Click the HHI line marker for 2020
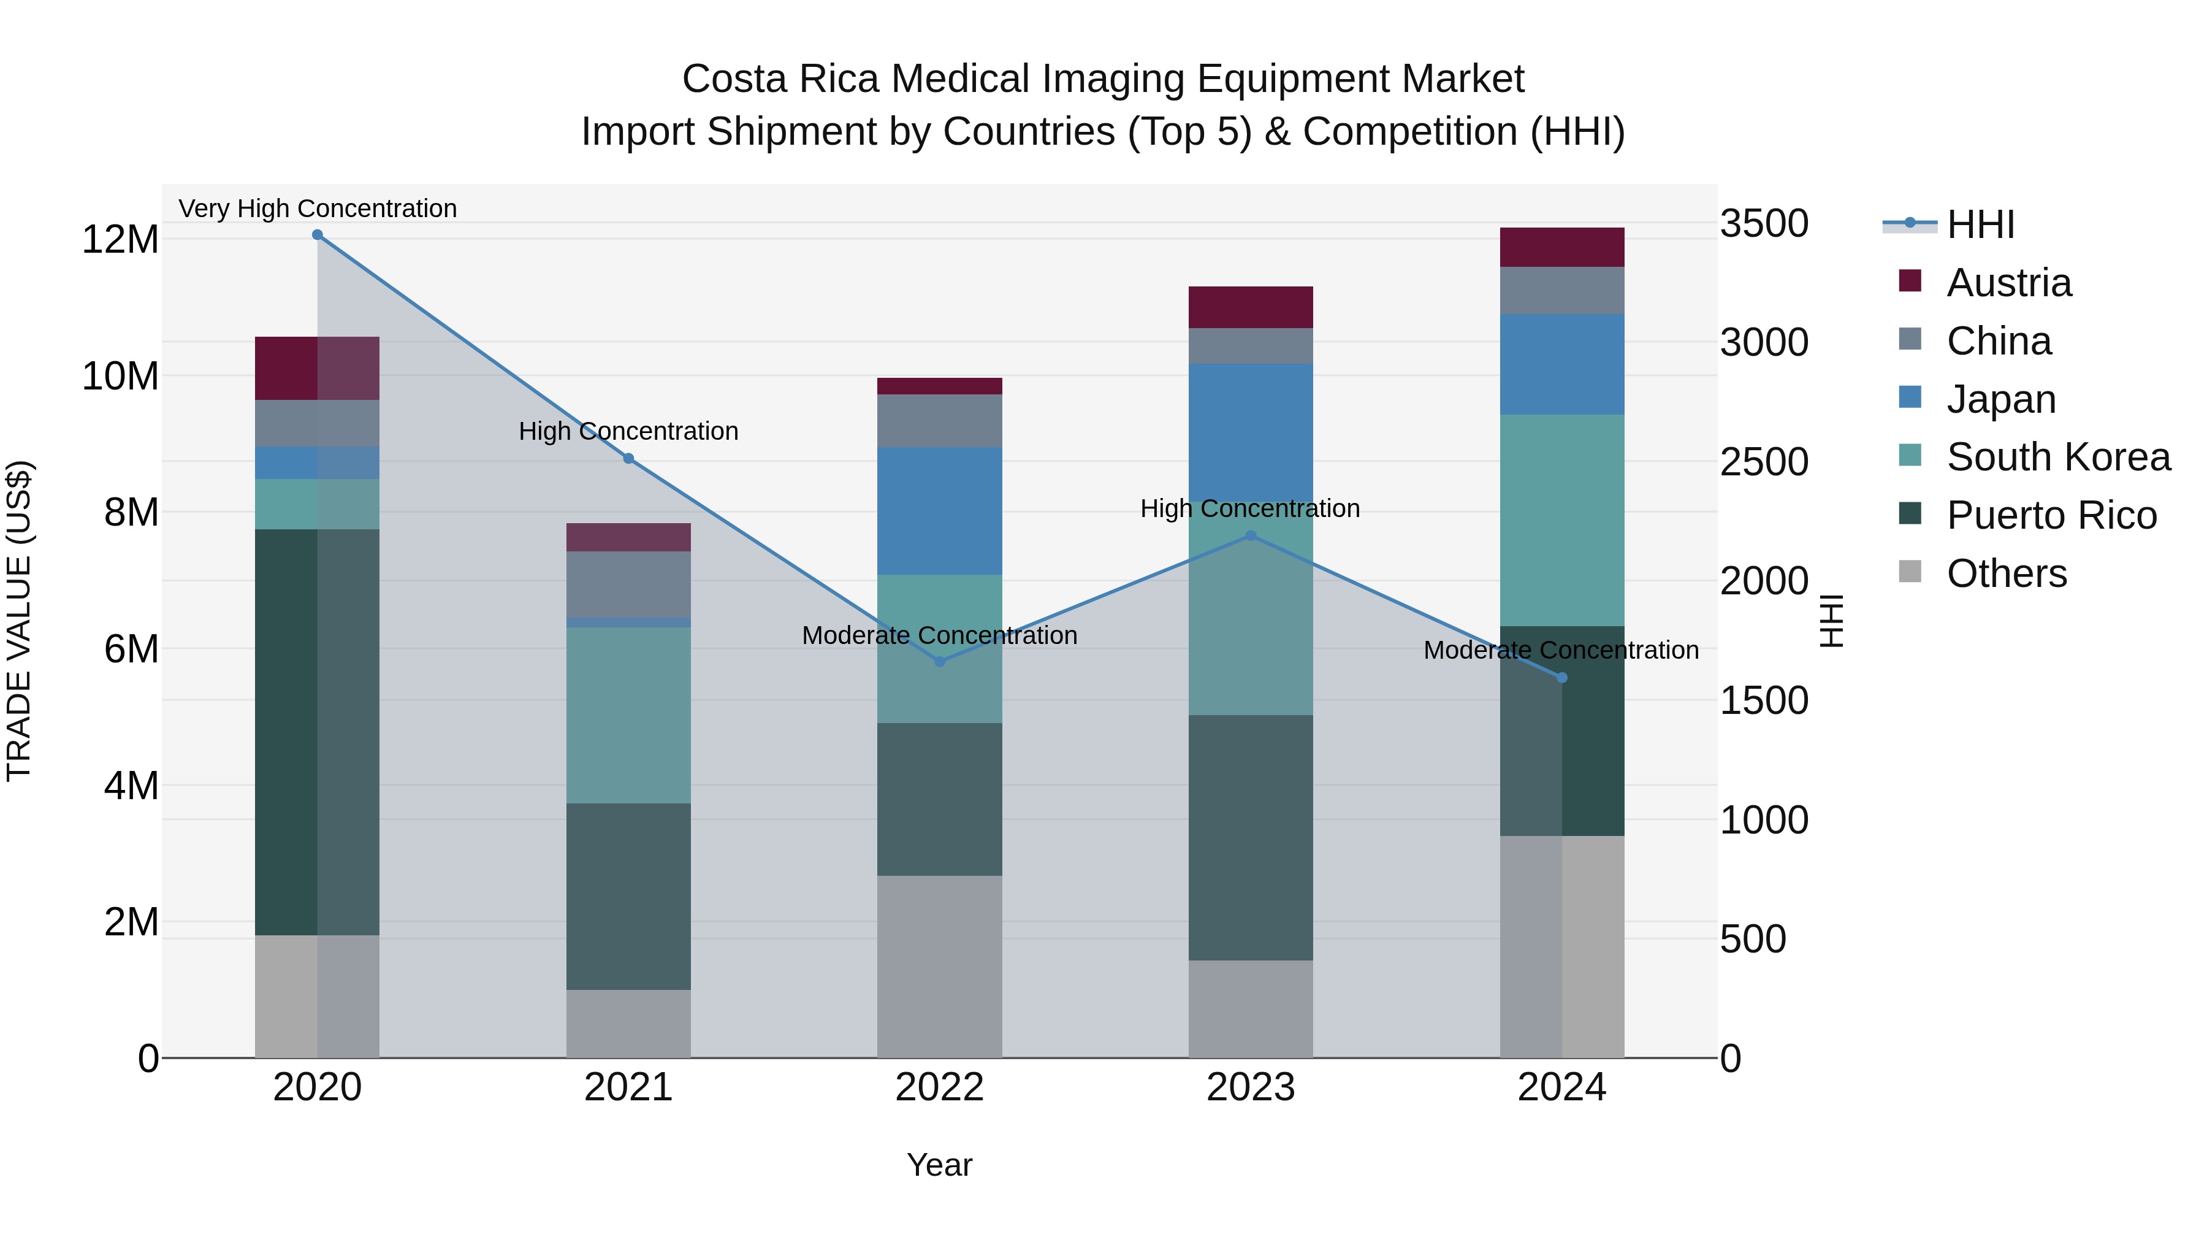pyautogui.click(x=317, y=235)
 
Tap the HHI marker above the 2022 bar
pyautogui.click(x=939, y=662)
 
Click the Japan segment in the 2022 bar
pyautogui.click(x=939, y=510)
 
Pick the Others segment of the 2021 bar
pyautogui.click(x=628, y=1024)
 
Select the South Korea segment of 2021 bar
pyautogui.click(x=628, y=715)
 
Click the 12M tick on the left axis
pyautogui.click(x=120, y=239)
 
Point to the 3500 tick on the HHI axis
pyautogui.click(x=1764, y=224)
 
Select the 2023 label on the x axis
pyautogui.click(x=1250, y=1087)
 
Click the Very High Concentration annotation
pyautogui.click(x=317, y=209)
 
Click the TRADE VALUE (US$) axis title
pyautogui.click(x=19, y=621)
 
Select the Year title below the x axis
pyautogui.click(x=939, y=1165)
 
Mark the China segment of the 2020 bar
pyautogui.click(x=317, y=423)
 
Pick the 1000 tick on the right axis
pyautogui.click(x=1764, y=820)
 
